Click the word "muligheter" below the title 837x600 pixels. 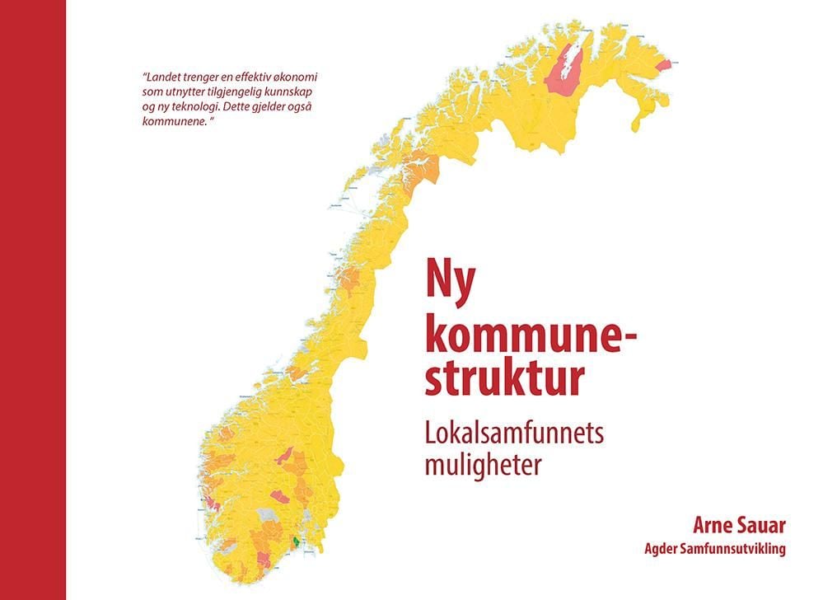483,465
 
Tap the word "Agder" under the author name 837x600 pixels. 664,549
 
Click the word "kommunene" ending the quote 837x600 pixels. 172,120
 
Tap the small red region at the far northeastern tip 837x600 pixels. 664,65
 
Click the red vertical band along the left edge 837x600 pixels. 33,300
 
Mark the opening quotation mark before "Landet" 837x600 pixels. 145,76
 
